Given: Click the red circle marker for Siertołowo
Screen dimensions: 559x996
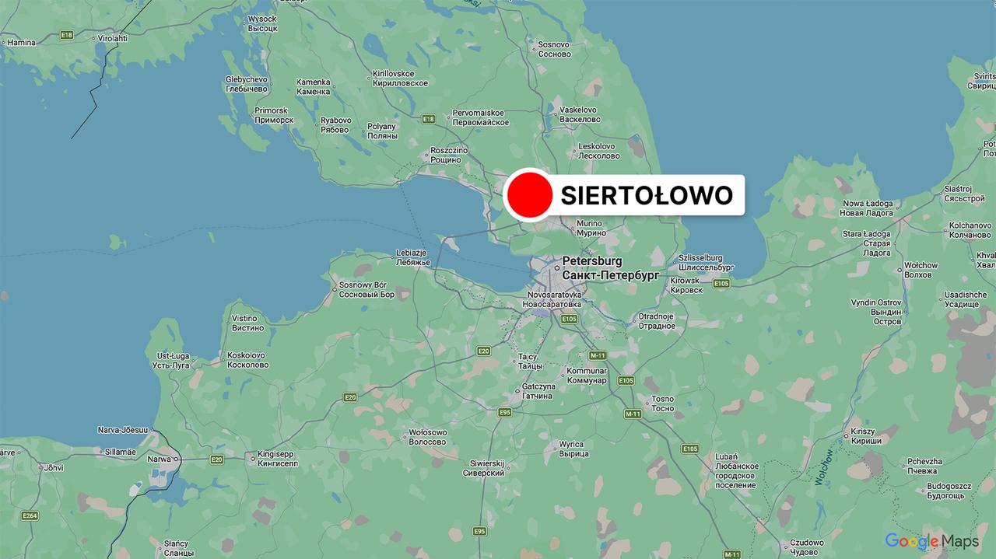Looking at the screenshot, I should pyautogui.click(x=529, y=195).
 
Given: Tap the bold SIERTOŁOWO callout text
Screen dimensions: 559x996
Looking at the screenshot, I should pyautogui.click(x=647, y=195).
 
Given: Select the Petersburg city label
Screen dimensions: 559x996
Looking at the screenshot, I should pyautogui.click(x=592, y=261).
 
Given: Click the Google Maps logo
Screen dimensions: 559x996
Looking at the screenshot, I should pyautogui.click(x=931, y=541).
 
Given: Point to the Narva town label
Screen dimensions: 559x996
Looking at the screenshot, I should pyautogui.click(x=159, y=459).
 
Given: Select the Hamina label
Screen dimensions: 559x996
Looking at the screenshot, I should pyautogui.click(x=21, y=42).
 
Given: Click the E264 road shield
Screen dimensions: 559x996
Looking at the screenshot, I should pyautogui.click(x=30, y=515).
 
